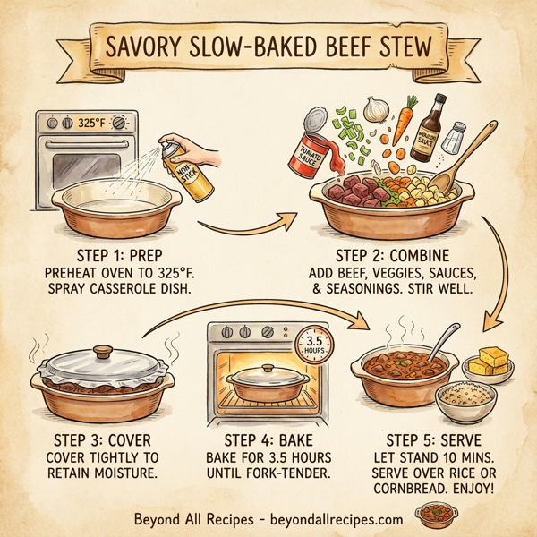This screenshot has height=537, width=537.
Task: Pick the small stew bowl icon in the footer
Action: (x=434, y=517)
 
